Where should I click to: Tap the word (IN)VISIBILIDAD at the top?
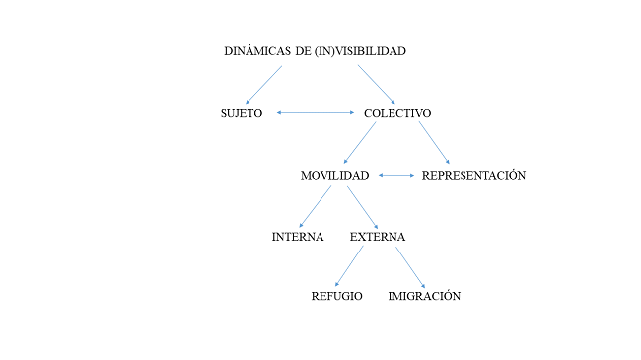click(360, 51)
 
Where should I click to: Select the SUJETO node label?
click(242, 113)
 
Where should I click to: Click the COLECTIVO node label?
click(397, 113)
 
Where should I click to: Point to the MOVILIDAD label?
click(334, 176)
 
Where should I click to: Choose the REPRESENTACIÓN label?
click(473, 176)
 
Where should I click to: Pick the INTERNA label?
click(298, 238)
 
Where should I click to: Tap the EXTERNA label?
click(378, 238)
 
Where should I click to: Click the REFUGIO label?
click(337, 297)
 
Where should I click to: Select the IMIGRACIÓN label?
click(424, 297)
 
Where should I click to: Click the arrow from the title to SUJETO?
click(263, 85)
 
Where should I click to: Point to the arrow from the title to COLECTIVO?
click(377, 84)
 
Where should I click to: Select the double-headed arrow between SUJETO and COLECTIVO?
click(316, 113)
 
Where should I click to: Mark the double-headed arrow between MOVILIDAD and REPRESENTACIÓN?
click(396, 176)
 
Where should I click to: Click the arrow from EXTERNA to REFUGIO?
click(349, 266)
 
